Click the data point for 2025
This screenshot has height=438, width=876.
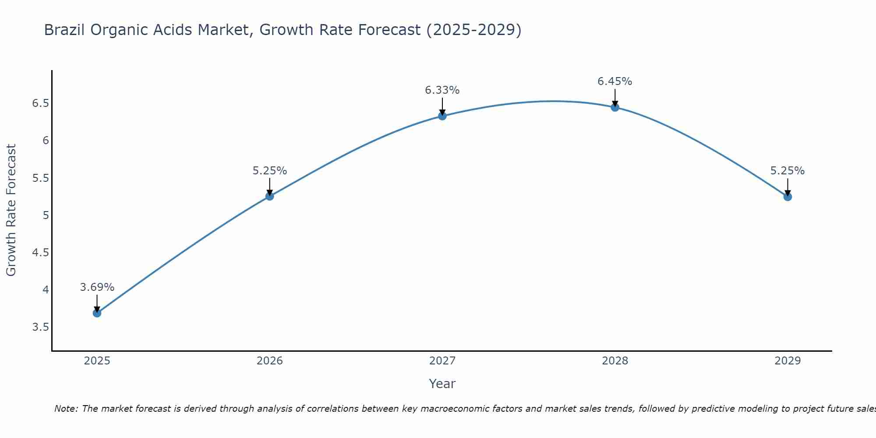tap(97, 313)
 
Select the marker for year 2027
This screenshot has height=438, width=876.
tap(442, 116)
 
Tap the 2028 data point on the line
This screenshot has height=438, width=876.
tap(615, 107)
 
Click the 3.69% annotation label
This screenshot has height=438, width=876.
tap(97, 287)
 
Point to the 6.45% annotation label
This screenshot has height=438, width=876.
tap(615, 81)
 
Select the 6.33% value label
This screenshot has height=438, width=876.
tap(442, 90)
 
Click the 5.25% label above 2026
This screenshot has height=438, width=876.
tap(269, 171)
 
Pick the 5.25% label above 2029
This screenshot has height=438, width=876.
tap(787, 171)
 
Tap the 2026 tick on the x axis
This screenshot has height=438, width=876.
tap(269, 361)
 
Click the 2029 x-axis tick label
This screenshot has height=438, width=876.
tap(787, 361)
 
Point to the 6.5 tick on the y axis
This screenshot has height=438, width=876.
tap(40, 103)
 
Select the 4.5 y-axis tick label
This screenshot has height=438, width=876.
tap(40, 253)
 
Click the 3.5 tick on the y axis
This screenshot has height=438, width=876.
tap(40, 327)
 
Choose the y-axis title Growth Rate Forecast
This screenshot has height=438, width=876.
tap(11, 210)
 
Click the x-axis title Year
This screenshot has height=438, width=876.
tap(442, 384)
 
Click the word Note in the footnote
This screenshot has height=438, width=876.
tap(66, 409)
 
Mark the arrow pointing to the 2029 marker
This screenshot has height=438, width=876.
tap(787, 187)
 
